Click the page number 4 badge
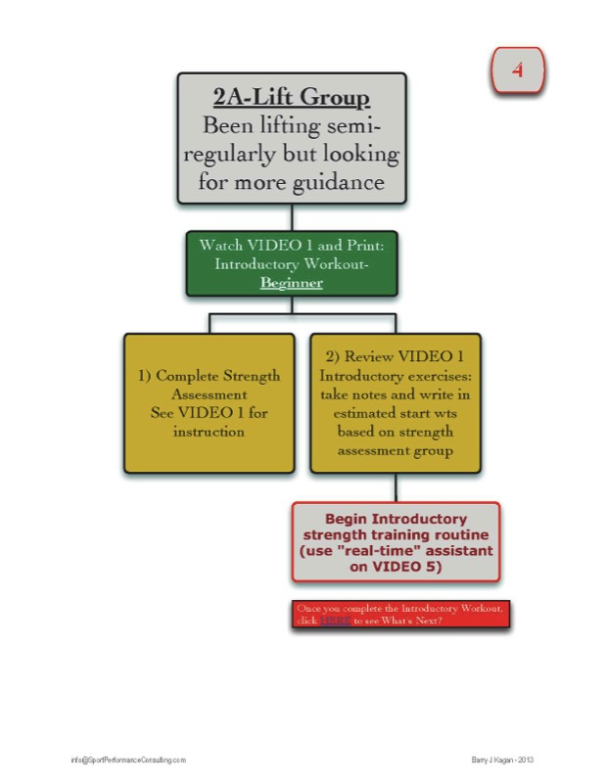516,69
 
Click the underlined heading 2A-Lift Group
292,97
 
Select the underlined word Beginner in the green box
291,282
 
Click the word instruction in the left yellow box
209,432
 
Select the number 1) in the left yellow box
143,376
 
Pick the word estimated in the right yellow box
365,413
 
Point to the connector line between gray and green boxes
292,217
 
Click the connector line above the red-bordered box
395,488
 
